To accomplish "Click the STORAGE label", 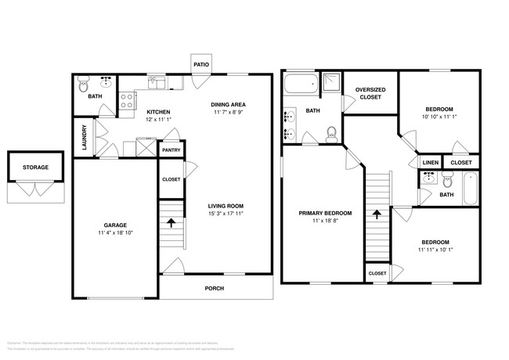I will (x=35, y=167).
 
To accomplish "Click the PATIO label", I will (x=200, y=61).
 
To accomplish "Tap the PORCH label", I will (x=215, y=288).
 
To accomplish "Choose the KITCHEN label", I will (x=159, y=111).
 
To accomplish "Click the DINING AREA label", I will (x=229, y=104).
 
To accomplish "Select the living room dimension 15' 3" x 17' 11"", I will (x=226, y=214).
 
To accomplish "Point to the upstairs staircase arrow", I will (x=377, y=213).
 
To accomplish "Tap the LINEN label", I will (x=430, y=163).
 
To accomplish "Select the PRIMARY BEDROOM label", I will (x=325, y=213).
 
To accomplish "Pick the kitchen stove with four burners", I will (x=126, y=100).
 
